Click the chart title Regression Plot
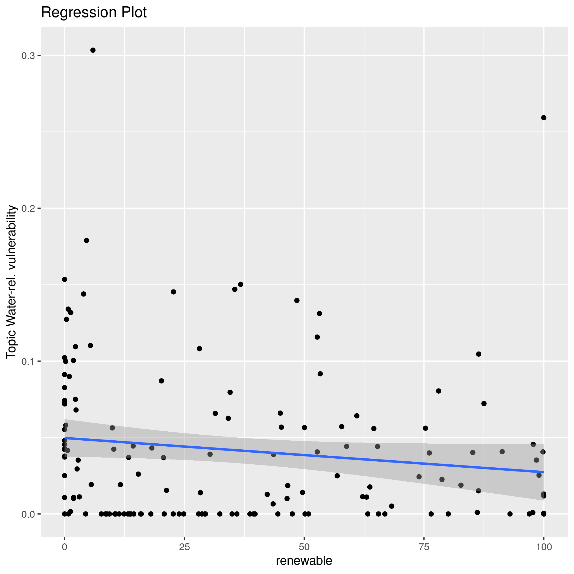pos(93,13)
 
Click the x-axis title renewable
pos(304,561)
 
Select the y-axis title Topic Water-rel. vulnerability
pos(11,282)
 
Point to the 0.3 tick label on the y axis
pos(28,55)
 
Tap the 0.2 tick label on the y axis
pos(28,209)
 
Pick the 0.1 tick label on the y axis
pos(28,361)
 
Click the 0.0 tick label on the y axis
pos(28,514)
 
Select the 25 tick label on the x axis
pos(184,547)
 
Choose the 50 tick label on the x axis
pos(304,547)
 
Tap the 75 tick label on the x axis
pos(424,547)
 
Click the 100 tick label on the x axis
pos(544,547)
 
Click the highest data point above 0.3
pos(93,50)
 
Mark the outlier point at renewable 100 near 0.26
pos(544,118)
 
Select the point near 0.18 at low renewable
pos(86,240)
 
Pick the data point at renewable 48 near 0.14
pos(297,300)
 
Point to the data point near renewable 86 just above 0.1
pos(479,354)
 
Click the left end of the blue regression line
pos(65,438)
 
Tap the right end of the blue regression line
pos(544,472)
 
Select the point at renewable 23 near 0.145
pos(174,292)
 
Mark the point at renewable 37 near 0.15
pos(241,284)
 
